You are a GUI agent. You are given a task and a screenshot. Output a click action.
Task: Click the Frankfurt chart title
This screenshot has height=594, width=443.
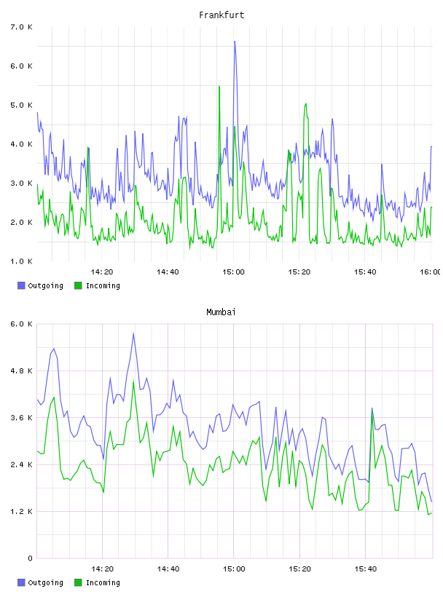(x=221, y=15)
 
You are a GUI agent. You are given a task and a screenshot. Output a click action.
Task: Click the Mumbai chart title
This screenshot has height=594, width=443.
(x=221, y=312)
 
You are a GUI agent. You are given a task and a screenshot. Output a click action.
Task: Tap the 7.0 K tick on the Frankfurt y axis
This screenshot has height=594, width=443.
(x=22, y=27)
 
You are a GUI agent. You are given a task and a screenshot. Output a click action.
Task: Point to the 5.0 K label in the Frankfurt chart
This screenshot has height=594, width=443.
(x=22, y=105)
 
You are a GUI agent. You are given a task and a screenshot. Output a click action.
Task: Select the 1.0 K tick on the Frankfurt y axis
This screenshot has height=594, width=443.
(x=22, y=261)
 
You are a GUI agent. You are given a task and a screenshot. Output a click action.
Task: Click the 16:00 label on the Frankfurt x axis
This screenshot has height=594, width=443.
(x=431, y=272)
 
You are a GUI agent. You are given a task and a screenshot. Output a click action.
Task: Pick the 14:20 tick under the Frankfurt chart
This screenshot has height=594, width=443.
(x=102, y=272)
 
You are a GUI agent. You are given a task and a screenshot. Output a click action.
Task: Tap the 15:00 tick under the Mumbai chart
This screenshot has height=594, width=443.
(x=234, y=569)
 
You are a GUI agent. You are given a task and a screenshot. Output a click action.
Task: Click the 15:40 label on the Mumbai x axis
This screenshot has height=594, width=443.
(x=366, y=569)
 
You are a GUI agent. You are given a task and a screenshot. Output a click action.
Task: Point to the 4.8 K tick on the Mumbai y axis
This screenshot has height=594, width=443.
(x=22, y=371)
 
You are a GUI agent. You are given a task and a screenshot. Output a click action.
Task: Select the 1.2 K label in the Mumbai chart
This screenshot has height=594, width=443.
(x=22, y=512)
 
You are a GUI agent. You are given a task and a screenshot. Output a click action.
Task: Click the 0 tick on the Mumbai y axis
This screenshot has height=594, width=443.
(x=31, y=558)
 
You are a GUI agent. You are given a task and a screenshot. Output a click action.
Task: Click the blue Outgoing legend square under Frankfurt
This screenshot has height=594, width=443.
(x=21, y=285)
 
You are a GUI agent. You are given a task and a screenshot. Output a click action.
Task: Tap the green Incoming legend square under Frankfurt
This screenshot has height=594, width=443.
(x=78, y=285)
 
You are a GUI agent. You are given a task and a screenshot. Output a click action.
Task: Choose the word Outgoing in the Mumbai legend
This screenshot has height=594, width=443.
(x=45, y=582)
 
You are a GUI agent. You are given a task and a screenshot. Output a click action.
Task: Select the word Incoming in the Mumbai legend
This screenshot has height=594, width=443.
(x=103, y=582)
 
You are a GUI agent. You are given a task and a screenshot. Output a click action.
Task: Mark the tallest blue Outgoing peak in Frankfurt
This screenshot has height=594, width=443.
(x=235, y=41)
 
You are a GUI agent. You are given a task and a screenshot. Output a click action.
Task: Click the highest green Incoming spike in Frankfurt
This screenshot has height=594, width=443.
(x=219, y=87)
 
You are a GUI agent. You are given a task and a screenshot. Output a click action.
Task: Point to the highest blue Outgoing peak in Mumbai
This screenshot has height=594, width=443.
(x=133, y=333)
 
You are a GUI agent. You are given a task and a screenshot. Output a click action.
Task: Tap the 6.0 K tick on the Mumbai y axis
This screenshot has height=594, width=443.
(x=22, y=324)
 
